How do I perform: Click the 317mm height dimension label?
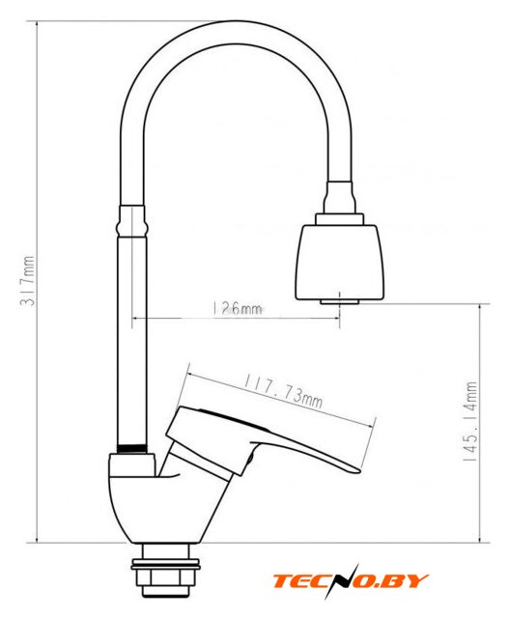[28, 280]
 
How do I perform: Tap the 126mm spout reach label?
[237, 308]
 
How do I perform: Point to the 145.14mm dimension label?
[470, 421]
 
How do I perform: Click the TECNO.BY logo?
[351, 581]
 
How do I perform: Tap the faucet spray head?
[339, 262]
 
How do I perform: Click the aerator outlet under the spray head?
[339, 302]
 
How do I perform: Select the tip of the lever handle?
[358, 470]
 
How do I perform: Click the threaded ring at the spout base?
[132, 448]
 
